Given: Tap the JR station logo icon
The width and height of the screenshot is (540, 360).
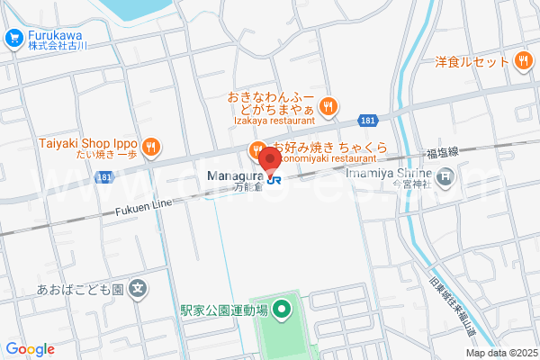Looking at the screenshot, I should (274, 177).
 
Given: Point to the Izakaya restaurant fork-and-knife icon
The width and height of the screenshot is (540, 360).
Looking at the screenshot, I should (328, 105).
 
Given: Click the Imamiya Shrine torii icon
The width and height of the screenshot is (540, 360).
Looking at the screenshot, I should (447, 176).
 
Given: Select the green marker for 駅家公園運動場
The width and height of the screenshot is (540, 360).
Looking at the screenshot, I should (281, 311).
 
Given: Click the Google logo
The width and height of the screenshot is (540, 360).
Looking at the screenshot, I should (31, 349).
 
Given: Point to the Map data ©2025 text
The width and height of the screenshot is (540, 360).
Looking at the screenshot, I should (502, 352).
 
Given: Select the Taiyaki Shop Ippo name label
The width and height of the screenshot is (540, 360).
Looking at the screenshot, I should (86, 143).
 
